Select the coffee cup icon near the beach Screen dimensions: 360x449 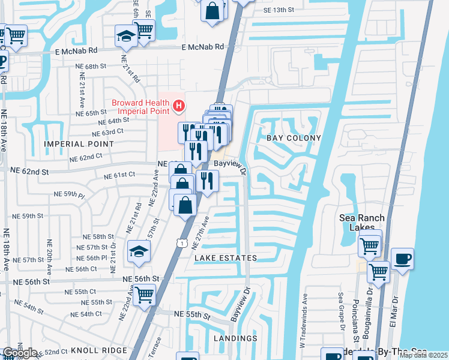point(402,258)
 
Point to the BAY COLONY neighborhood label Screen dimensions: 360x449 point(294,138)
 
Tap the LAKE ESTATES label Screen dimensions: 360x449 point(226,258)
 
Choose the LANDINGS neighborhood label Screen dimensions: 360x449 point(235,338)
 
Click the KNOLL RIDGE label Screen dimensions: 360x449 point(99,350)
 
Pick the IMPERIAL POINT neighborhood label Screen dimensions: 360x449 point(79,144)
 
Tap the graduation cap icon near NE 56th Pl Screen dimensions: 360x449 point(139,252)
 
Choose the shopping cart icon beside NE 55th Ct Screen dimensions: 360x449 point(144,295)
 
